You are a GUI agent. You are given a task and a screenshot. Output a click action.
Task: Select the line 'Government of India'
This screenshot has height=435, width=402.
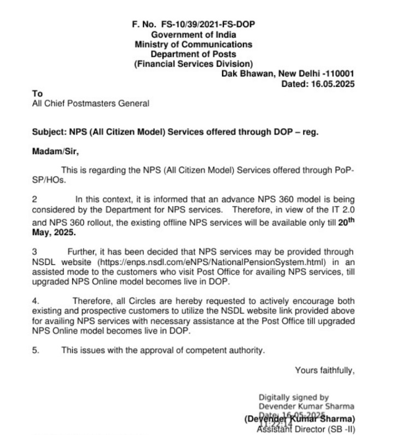tap(194, 34)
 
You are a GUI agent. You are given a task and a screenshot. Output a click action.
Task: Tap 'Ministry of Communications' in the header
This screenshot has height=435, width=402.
tap(194, 44)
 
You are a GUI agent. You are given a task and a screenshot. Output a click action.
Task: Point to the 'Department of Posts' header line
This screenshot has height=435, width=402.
tap(194, 54)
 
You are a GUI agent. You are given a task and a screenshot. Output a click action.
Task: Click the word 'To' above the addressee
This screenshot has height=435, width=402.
tap(37, 94)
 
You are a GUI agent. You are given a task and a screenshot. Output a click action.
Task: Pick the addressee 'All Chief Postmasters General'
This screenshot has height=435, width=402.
tap(91, 103)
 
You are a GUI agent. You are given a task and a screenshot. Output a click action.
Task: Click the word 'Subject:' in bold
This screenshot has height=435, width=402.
tap(49, 132)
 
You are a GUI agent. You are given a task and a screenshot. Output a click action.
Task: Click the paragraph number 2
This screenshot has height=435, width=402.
tap(34, 199)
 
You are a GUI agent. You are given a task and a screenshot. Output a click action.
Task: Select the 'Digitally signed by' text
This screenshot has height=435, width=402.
tap(294, 397)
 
